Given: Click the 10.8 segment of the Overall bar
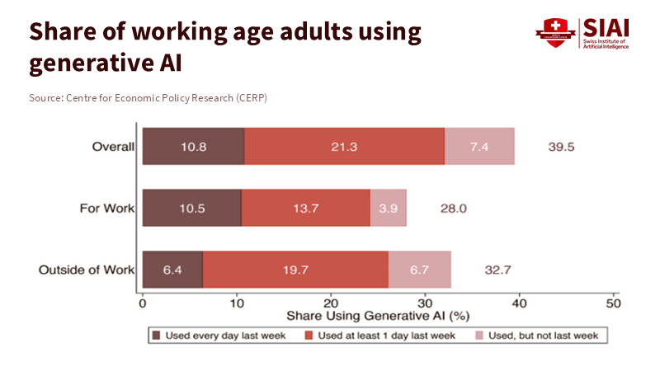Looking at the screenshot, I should [x=193, y=147].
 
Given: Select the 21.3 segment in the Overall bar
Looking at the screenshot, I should [x=345, y=147].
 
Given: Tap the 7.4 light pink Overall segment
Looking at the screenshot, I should [x=479, y=147].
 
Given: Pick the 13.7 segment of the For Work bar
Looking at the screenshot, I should [x=305, y=208].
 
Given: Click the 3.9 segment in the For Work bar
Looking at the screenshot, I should [x=388, y=208].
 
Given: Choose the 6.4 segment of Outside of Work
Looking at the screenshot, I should [x=172, y=269].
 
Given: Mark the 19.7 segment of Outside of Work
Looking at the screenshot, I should [x=295, y=269].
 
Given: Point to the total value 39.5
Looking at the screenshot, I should [x=561, y=147].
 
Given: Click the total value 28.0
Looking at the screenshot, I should [x=453, y=208].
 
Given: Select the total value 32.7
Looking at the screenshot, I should [x=497, y=269].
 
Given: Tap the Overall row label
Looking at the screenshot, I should [x=113, y=147].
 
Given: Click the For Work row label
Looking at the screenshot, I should [x=106, y=208].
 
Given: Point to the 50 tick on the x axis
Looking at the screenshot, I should [x=613, y=303].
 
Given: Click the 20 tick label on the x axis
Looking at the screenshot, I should [x=331, y=303].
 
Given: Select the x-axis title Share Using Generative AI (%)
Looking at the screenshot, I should [x=377, y=316].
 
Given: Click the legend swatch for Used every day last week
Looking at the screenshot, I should [x=155, y=336].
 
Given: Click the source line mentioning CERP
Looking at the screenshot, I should [x=148, y=98].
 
